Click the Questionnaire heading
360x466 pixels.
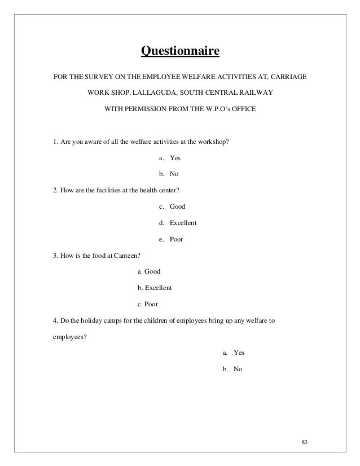(x=179, y=53)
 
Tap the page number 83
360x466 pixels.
(x=305, y=441)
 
